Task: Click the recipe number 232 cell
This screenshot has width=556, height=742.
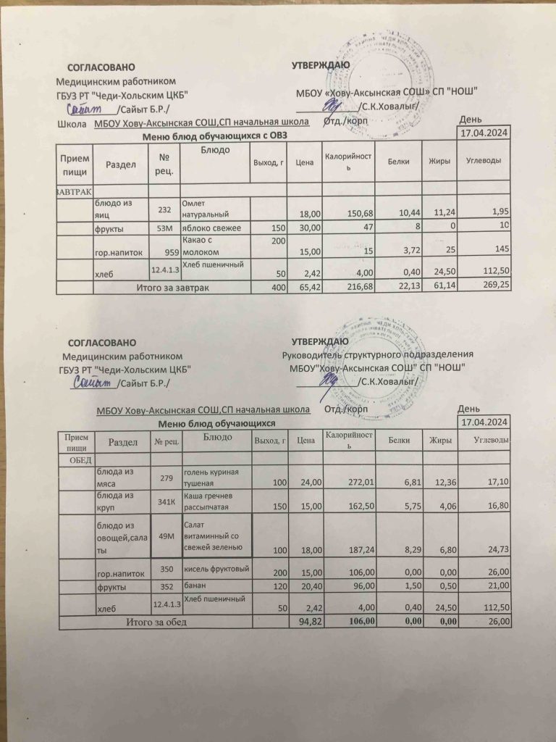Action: pyautogui.click(x=164, y=209)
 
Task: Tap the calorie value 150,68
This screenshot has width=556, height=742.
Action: pyautogui.click(x=355, y=214)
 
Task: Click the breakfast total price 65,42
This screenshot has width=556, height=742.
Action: pyautogui.click(x=300, y=287)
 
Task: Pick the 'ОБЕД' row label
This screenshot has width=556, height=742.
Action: pyautogui.click(x=82, y=460)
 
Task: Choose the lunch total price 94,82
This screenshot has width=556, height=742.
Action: pyautogui.click(x=301, y=622)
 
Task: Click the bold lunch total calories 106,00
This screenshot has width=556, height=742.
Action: pyautogui.click(x=359, y=622)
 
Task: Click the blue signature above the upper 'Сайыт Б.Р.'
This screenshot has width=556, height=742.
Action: pyautogui.click(x=86, y=109)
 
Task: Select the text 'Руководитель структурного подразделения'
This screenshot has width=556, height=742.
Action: pyautogui.click(x=377, y=354)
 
